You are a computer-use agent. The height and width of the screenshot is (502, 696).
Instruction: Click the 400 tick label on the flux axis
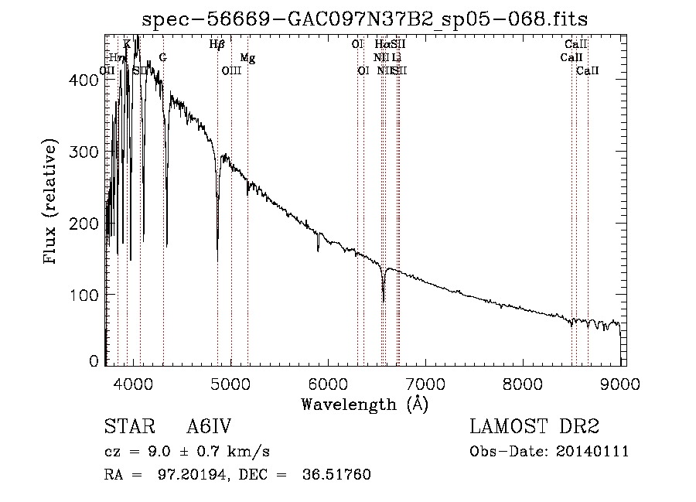point(87,80)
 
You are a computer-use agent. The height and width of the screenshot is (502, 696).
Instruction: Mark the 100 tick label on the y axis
point(87,295)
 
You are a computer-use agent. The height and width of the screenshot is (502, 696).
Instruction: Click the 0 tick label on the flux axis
point(94,360)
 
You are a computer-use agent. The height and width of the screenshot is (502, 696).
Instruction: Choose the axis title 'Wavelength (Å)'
point(364,404)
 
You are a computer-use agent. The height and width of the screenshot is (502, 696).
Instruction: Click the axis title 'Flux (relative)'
point(52,203)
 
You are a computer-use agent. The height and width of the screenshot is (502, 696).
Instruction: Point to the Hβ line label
point(217,45)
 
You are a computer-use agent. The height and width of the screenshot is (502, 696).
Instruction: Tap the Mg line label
point(247,58)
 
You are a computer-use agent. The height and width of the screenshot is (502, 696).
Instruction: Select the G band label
point(162,58)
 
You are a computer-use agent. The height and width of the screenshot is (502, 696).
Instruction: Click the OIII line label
point(231,71)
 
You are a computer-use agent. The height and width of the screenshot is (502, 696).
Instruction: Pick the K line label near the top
point(127,45)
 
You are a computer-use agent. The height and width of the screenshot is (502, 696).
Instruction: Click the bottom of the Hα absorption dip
point(384,302)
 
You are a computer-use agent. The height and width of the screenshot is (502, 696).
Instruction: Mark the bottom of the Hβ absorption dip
point(217,260)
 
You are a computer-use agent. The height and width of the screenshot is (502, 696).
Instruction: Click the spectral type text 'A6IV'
point(209,428)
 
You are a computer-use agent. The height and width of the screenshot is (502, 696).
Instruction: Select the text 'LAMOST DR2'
point(534,428)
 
